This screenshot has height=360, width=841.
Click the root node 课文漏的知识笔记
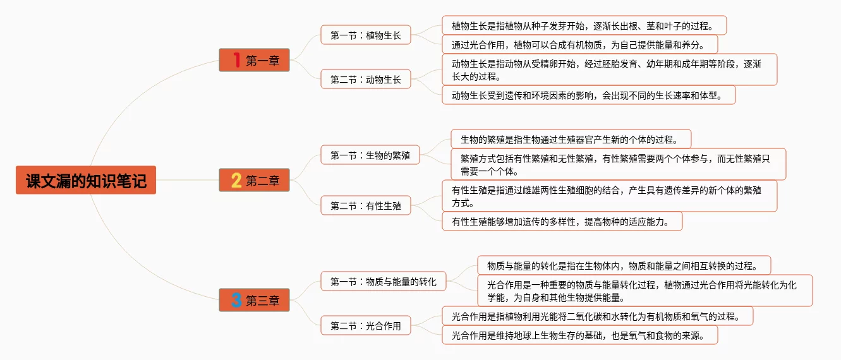click(x=86, y=181)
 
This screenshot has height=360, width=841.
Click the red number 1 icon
click(x=236, y=61)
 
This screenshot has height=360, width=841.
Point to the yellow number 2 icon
click(x=236, y=181)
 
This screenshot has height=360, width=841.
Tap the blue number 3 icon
click(x=236, y=301)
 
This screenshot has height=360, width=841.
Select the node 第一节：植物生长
click(x=365, y=35)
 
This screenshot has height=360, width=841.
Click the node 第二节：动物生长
click(x=365, y=80)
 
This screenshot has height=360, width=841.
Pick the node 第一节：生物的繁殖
click(x=370, y=155)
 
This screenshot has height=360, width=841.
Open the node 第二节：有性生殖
click(x=365, y=205)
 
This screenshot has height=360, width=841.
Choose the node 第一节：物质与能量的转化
click(x=383, y=281)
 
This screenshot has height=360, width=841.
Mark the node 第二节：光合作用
click(x=365, y=326)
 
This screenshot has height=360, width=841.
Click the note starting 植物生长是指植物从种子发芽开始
click(x=584, y=26)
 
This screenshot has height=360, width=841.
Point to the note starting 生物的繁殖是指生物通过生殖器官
click(x=571, y=139)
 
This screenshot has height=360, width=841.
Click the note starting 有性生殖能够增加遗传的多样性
click(x=562, y=221)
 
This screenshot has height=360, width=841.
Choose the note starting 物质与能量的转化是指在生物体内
click(x=624, y=265)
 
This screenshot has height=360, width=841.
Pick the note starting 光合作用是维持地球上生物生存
click(x=579, y=335)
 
